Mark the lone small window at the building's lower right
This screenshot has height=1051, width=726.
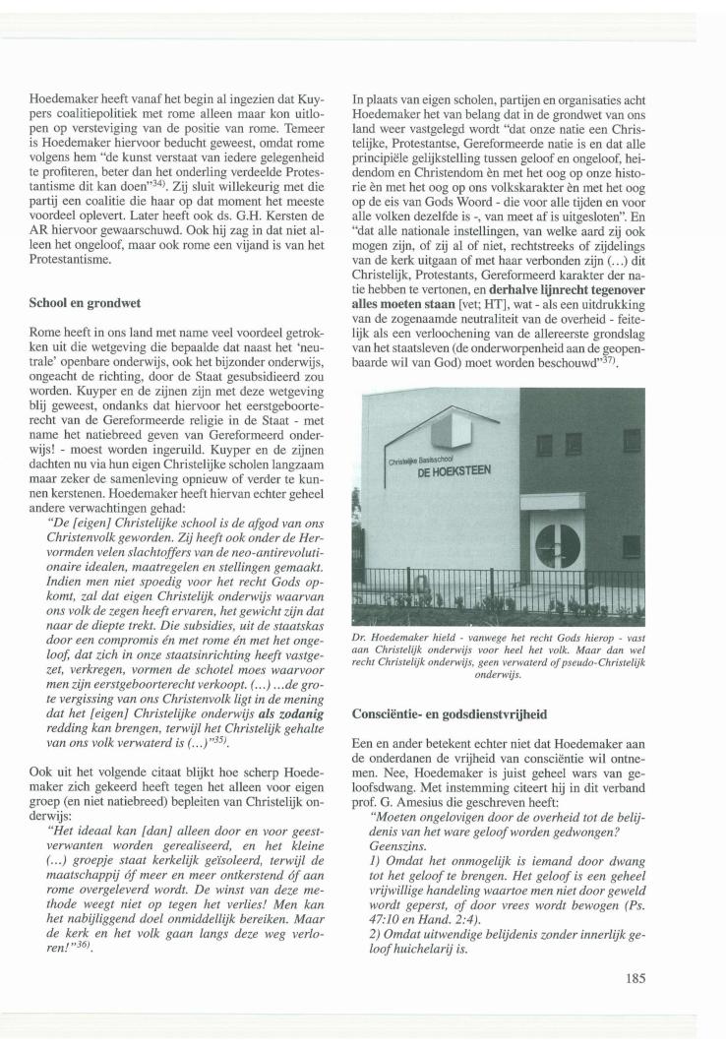point(632,545)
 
